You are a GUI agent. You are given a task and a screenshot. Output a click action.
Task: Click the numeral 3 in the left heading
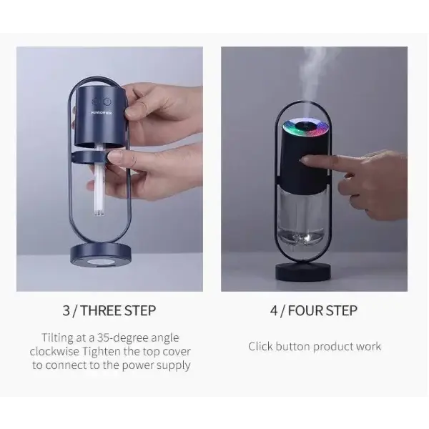[x=66, y=310]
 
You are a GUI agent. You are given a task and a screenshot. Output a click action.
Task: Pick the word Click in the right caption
[x=261, y=346]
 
